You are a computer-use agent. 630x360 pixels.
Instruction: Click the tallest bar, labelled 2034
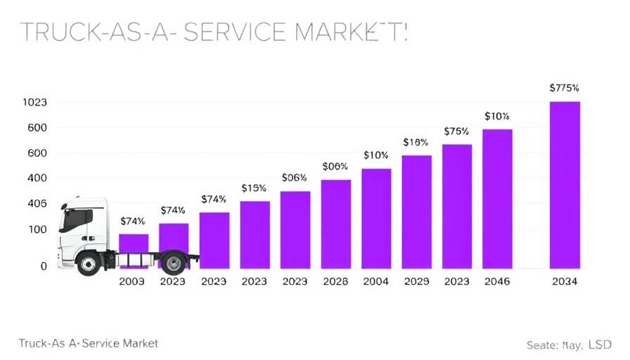565,185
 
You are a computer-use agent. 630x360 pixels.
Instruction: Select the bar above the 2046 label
497,199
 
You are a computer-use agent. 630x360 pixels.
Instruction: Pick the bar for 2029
416,212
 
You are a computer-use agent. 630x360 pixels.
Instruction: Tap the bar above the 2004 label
376,219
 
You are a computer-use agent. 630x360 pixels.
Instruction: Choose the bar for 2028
335,224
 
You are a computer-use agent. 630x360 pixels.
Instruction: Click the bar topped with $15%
255,235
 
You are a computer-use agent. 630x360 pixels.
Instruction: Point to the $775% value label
564,89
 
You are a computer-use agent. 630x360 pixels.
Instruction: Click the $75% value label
456,131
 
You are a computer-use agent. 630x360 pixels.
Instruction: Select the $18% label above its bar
416,143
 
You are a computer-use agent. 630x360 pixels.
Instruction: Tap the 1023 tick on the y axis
34,103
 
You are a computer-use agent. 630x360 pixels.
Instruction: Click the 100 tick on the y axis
37,229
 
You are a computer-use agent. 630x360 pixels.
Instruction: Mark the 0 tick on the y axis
44,266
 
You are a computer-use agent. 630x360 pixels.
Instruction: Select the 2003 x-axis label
132,281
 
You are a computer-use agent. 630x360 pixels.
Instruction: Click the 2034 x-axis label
565,281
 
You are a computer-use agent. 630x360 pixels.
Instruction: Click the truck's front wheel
89,264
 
